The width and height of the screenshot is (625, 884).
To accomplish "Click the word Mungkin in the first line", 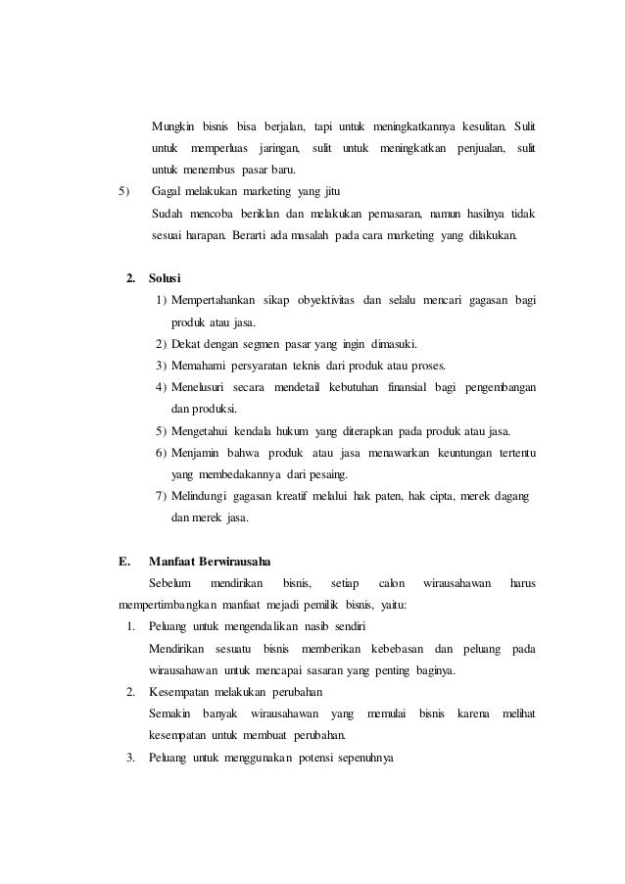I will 171,127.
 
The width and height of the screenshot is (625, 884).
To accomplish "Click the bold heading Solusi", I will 165,279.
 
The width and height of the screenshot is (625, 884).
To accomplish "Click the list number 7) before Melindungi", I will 161,496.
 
